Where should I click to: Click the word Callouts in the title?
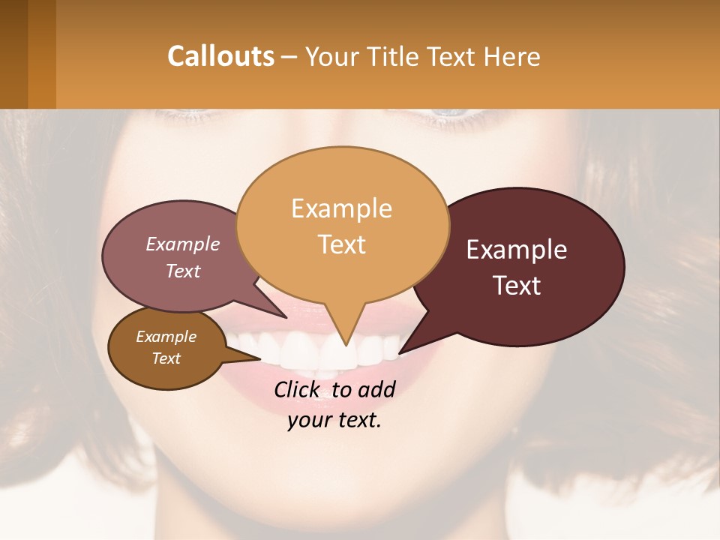click(x=220, y=56)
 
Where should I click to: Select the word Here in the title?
click(x=511, y=56)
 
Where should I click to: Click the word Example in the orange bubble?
click(x=342, y=208)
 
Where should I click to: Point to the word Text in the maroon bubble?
click(x=517, y=286)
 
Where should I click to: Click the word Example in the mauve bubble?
click(x=183, y=244)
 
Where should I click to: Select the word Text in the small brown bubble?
click(x=166, y=358)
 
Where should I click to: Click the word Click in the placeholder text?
click(x=298, y=389)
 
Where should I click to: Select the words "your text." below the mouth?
click(x=334, y=420)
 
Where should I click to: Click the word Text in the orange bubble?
click(x=342, y=244)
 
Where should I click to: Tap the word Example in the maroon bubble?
click(x=517, y=250)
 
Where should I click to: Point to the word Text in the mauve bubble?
click(x=183, y=271)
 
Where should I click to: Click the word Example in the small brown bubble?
click(x=166, y=337)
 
